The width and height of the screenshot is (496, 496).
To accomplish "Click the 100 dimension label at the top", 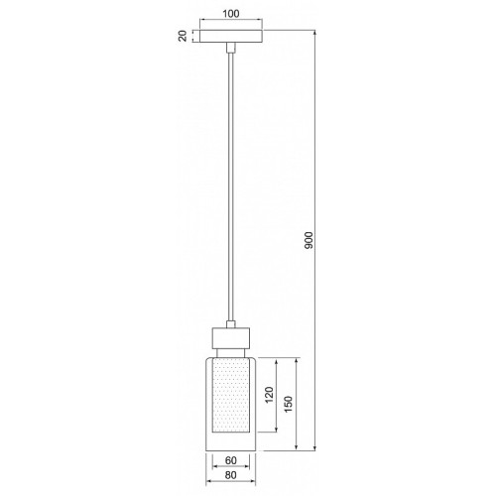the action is coord(231,14).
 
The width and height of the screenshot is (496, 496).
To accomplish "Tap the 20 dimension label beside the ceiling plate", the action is coord(183,36).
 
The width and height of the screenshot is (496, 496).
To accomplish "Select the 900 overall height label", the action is coord(309,240).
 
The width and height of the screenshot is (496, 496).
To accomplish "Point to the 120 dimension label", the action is coord(270,395).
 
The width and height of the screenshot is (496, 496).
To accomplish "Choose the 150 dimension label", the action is coord(289,404).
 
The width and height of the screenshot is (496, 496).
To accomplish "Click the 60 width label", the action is coord(231,460).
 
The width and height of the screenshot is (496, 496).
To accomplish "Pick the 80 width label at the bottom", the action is coord(231,475).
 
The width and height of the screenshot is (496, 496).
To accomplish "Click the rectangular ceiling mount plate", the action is coord(231,36).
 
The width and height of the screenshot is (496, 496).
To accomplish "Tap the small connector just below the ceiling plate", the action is coord(231,48).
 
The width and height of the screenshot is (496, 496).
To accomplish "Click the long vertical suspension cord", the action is coord(231,186).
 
